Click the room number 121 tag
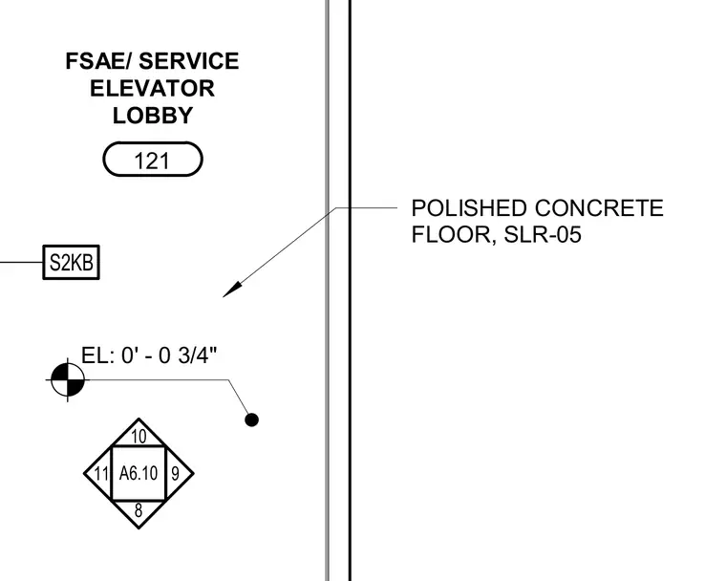point(152,160)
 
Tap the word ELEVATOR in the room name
point(152,89)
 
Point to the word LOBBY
point(152,116)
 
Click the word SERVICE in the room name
point(189,61)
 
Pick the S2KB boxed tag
point(72,262)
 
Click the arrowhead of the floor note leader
point(232,290)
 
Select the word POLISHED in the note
point(469,208)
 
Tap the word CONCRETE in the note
point(599,208)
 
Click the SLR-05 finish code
point(543,234)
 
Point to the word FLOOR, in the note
point(454,235)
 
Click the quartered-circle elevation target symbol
point(68,380)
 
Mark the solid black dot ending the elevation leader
point(251,420)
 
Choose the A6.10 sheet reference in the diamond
point(139,474)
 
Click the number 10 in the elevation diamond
point(139,437)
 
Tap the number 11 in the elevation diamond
point(101,474)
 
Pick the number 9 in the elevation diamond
point(175,474)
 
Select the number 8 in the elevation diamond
point(139,510)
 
